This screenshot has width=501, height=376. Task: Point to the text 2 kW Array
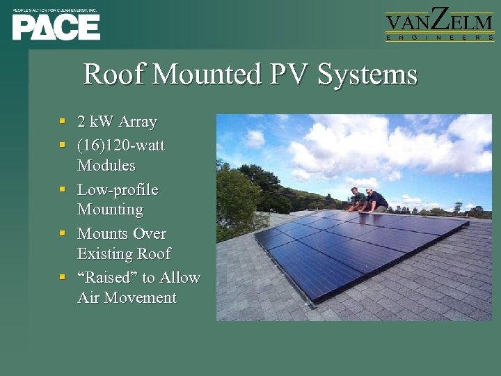[x=117, y=122]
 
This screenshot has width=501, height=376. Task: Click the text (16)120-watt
[x=121, y=146]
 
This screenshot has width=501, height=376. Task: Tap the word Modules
[x=106, y=166]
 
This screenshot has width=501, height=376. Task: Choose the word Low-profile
[x=118, y=189]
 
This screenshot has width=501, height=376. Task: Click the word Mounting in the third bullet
[x=110, y=210]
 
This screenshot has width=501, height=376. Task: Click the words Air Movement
[x=127, y=298]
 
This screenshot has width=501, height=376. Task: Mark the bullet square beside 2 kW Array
[x=63, y=122]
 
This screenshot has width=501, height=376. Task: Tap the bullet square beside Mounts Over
[x=63, y=233]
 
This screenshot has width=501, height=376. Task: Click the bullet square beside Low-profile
[x=63, y=189]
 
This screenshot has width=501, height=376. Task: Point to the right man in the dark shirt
[x=376, y=201]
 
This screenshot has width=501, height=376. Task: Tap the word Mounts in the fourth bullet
[x=102, y=233]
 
